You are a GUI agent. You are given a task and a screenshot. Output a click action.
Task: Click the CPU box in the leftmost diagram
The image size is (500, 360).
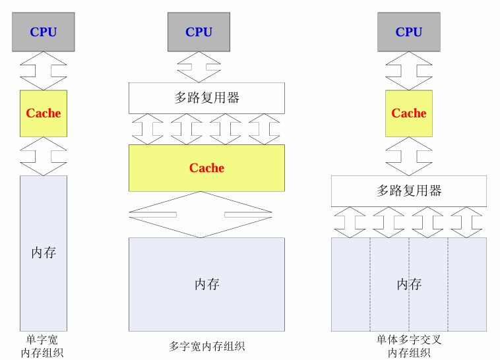[44, 32]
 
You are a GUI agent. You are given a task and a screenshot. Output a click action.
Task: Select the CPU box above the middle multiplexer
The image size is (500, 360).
[199, 32]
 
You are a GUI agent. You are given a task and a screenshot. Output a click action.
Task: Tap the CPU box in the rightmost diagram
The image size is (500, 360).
[409, 32]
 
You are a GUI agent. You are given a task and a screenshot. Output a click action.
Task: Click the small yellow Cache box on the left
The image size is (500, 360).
[44, 113]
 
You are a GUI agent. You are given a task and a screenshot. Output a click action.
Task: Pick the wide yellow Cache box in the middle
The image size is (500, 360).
[206, 168]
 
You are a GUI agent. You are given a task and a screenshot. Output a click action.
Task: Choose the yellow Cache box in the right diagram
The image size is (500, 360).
[409, 113]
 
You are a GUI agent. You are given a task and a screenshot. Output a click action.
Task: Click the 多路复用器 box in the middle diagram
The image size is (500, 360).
[206, 98]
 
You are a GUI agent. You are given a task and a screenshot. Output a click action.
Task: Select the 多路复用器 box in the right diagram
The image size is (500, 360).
[409, 191]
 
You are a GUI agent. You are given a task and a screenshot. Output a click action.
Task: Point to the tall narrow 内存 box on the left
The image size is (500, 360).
[44, 253]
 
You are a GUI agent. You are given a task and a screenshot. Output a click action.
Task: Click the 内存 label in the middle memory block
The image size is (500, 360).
[206, 284]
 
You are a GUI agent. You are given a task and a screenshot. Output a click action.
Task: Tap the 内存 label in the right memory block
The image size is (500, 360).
[409, 284]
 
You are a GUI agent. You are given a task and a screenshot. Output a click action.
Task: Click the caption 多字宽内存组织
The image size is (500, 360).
[206, 346]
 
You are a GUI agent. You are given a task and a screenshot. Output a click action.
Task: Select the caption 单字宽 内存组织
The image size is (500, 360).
[42, 346]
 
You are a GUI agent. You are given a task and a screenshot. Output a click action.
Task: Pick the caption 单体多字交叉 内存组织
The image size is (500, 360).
[409, 346]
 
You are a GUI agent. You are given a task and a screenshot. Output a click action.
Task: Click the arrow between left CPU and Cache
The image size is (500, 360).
[44, 71]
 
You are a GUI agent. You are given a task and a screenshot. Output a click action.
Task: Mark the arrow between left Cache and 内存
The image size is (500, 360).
[44, 156]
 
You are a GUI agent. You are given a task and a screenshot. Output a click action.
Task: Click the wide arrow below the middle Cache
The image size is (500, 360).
[201, 214]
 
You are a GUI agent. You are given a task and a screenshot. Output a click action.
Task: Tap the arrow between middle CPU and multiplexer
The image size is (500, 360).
[199, 67]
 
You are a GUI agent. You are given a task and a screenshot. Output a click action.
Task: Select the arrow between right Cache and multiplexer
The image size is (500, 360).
[409, 156]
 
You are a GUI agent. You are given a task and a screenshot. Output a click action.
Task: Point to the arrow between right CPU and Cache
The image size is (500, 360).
[409, 71]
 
